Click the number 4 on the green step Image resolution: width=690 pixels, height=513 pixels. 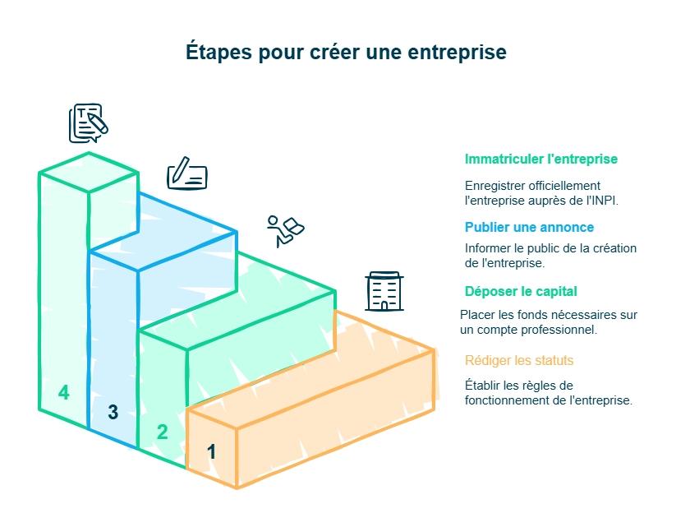pos(63,393)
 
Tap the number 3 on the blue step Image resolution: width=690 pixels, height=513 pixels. pos(113,413)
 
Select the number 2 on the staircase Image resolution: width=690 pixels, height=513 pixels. pos(162,432)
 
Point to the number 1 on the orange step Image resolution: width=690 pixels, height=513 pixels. pos(211,451)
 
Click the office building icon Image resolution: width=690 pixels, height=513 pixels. pos(382,291)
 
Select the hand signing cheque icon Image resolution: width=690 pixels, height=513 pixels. pos(187,173)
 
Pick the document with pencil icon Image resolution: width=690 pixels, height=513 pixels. pos(88,122)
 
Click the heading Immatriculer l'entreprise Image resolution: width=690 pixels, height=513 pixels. pos(540,159)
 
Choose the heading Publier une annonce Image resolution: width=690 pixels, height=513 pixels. pos(529,227)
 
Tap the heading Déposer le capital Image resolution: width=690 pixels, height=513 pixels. pos(521,291)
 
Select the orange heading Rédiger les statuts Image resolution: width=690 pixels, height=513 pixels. pos(519,360)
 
